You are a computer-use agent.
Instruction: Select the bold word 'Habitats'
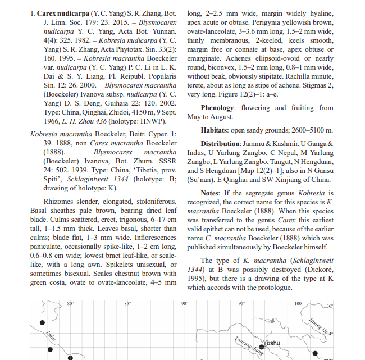pos(218,130)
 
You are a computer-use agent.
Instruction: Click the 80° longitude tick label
pos(70,304)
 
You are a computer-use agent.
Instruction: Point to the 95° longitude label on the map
pos(241,304)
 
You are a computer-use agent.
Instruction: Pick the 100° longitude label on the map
pos(299,304)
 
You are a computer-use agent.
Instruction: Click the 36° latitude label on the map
pos(330,306)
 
